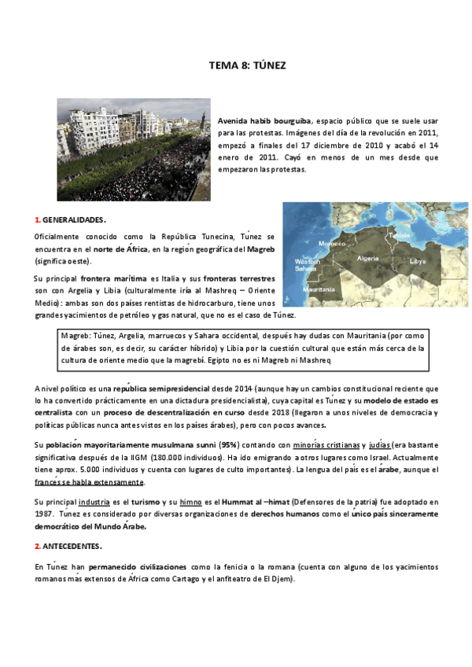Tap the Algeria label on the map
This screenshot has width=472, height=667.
click(x=367, y=258)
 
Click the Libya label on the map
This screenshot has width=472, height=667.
click(x=417, y=260)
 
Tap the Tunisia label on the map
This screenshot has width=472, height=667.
click(x=399, y=234)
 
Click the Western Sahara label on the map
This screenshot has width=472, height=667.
click(x=306, y=265)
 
